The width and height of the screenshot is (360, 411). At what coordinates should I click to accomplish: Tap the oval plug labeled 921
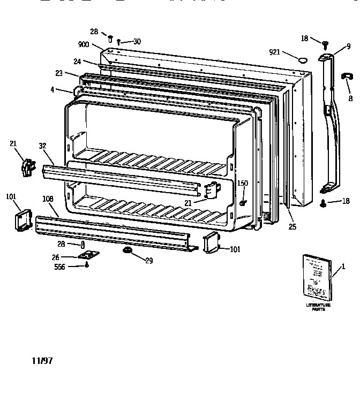pos(304,59)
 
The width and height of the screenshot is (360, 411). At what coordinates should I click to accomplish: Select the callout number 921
pos(275,52)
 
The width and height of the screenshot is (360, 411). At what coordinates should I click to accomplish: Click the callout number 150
pos(243,184)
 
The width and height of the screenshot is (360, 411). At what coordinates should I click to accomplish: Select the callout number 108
pos(48,199)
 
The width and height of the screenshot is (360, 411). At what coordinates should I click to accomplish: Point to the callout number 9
pos(348,46)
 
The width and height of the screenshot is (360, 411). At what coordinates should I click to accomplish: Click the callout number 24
pos(77,62)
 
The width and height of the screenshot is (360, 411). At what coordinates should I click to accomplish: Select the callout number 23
pos(59,73)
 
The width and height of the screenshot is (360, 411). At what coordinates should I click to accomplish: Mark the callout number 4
pos(52,89)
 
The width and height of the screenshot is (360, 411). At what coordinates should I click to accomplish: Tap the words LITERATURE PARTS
pos(318,307)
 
